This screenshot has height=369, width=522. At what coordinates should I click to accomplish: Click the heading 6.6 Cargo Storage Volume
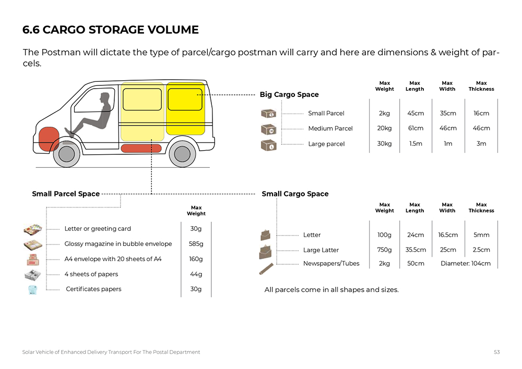pos(111,30)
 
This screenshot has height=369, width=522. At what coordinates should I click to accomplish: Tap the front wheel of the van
pos(67,153)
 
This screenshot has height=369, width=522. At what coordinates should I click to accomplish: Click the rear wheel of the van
pos(182,153)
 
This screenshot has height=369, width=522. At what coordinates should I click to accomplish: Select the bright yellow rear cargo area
pos(185,110)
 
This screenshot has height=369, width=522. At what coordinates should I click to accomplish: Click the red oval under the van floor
pos(141,149)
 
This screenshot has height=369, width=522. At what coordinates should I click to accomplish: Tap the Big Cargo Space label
pos(289,94)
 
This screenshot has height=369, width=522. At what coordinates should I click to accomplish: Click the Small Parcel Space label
pos(66,194)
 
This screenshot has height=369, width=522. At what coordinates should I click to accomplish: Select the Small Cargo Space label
pos(295,194)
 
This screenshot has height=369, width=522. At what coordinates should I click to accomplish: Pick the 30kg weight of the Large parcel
pos(384,143)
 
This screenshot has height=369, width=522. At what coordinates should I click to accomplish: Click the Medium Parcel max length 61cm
pos(415,128)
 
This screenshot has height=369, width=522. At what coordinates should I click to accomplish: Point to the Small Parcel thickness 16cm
pos(481,113)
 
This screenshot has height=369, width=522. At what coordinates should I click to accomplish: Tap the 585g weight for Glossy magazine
pos(196,243)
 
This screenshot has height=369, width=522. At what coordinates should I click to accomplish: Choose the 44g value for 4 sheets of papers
pos(196,274)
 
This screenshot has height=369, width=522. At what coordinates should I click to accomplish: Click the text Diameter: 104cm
pos(466,263)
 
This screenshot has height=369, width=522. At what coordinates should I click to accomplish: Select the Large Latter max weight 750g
pos(384,250)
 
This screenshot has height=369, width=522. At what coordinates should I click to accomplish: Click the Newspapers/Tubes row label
pos(331,263)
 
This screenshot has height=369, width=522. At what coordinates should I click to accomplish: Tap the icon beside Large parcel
pos(268,145)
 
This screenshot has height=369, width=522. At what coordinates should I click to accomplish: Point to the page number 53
pos(497,352)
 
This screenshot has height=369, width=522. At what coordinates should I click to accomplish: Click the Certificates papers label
pos(93,289)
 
